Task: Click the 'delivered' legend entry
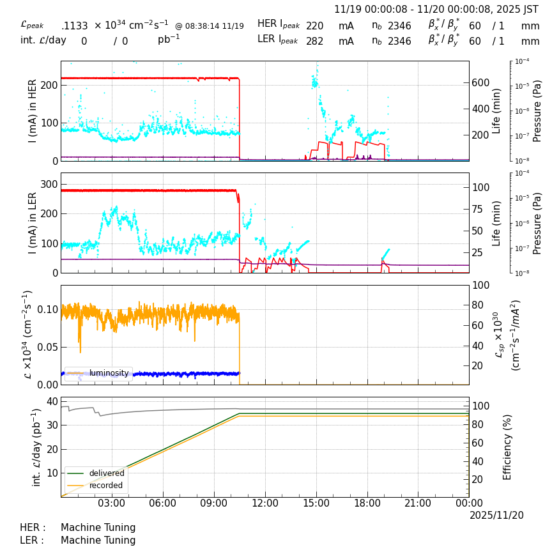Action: (x=106, y=473)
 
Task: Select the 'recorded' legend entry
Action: (x=106, y=486)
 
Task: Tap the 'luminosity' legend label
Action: (x=109, y=373)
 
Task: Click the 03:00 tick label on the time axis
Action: (x=112, y=503)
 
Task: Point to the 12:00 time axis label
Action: (x=265, y=503)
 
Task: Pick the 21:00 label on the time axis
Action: (x=418, y=503)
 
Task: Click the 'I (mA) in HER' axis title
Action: (x=33, y=111)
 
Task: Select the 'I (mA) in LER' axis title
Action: (x=33, y=222)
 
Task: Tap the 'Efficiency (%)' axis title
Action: (x=508, y=447)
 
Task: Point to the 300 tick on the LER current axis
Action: (x=50, y=184)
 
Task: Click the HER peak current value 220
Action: (x=314, y=26)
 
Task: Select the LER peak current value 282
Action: (x=314, y=42)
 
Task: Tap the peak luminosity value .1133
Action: (x=75, y=26)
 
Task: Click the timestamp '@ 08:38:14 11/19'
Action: (x=210, y=26)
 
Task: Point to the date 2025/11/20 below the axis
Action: (x=496, y=515)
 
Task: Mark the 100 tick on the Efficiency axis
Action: (x=480, y=406)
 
